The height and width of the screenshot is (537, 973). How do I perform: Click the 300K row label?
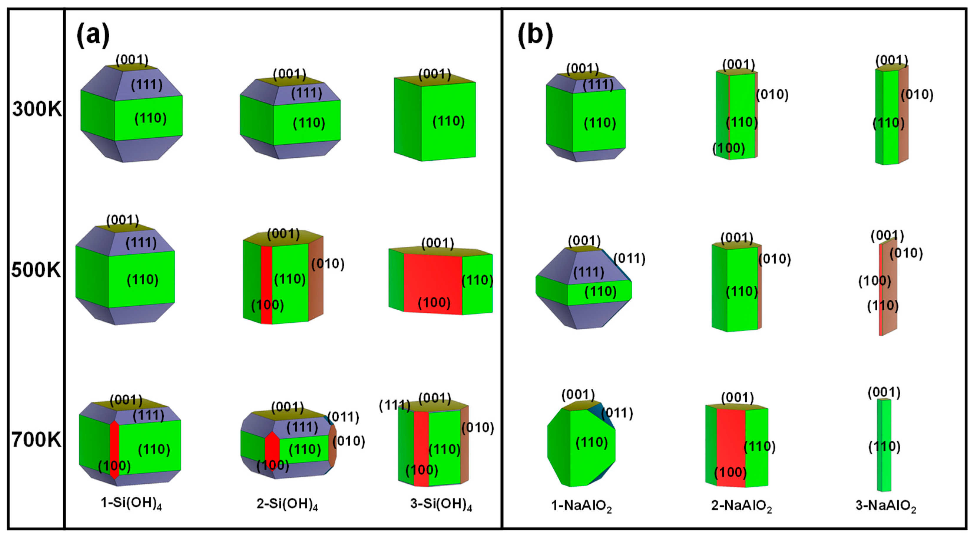click(37, 110)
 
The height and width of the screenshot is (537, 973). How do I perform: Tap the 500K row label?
click(36, 270)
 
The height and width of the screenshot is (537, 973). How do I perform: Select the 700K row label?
click(36, 440)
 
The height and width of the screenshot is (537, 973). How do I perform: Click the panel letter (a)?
click(93, 35)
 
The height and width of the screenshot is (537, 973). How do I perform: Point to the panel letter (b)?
click(535, 35)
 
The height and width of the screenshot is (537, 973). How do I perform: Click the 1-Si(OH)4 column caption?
click(131, 504)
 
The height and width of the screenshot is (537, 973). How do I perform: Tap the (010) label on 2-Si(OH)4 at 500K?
click(327, 263)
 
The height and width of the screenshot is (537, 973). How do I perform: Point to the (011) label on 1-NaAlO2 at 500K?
click(629, 259)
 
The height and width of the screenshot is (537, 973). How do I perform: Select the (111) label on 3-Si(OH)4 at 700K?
click(394, 406)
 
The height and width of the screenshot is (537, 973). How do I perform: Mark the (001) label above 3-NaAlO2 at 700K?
click(884, 393)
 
